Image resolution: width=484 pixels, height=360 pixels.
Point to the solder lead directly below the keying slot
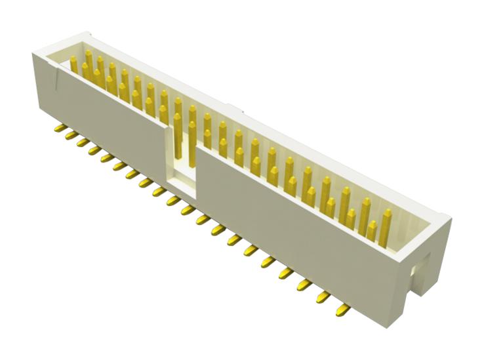[x=173, y=199]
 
